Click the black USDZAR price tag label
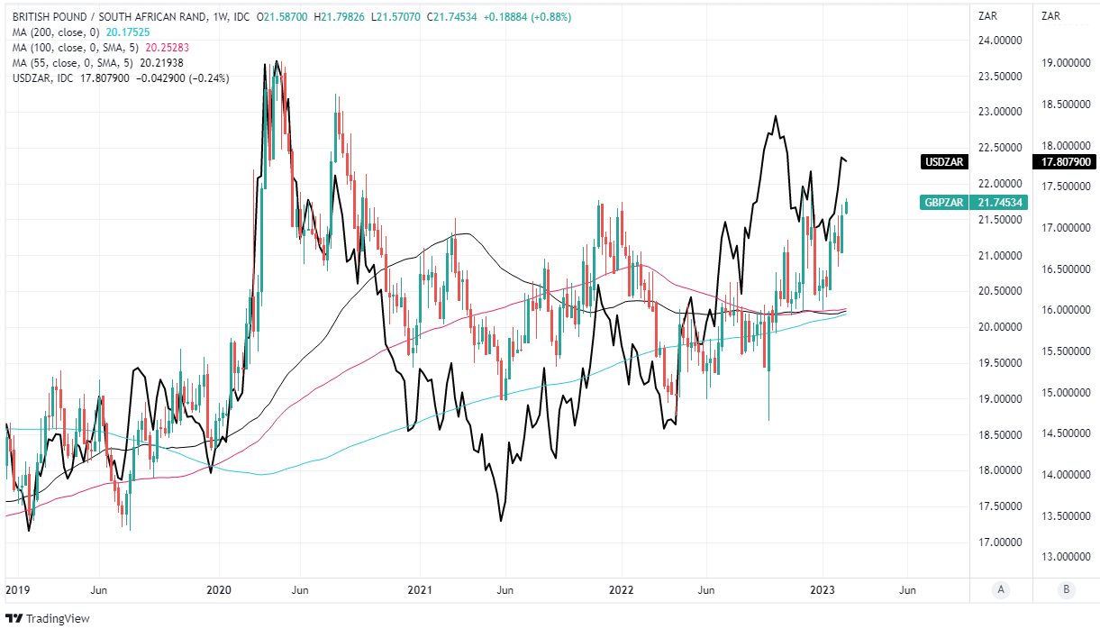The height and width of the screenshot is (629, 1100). (x=946, y=162)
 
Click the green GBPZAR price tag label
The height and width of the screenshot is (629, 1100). (x=946, y=203)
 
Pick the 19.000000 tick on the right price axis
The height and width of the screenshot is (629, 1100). (x=1066, y=63)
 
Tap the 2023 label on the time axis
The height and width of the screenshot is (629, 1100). (x=823, y=589)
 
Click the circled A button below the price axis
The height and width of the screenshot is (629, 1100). (x=1000, y=589)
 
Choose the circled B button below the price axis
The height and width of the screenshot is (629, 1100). (x=1066, y=589)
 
